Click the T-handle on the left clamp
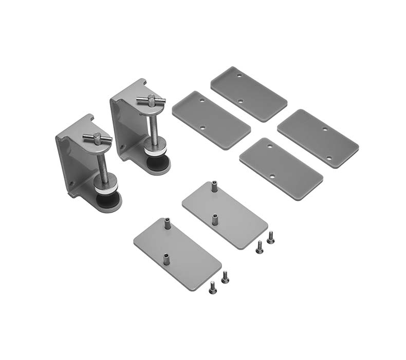(97, 138)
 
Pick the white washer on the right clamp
(155, 153)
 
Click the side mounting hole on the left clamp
(72, 183)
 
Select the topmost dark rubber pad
(249, 93)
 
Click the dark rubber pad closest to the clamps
(211, 119)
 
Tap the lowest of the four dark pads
(281, 168)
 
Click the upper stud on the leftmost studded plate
(167, 224)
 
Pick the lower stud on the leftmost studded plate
(167, 258)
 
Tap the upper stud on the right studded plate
(214, 186)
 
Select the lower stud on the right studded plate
(214, 219)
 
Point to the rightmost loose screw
(271, 237)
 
